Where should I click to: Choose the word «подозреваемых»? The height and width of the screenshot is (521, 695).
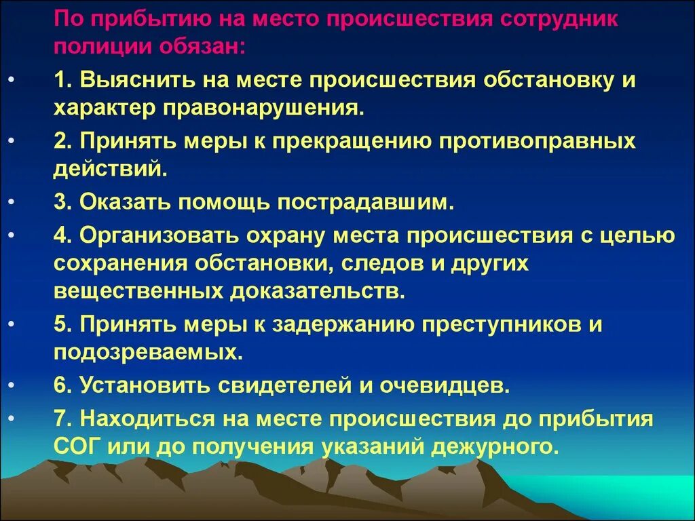(146, 353)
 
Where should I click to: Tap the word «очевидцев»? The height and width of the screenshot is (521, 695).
(449, 385)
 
